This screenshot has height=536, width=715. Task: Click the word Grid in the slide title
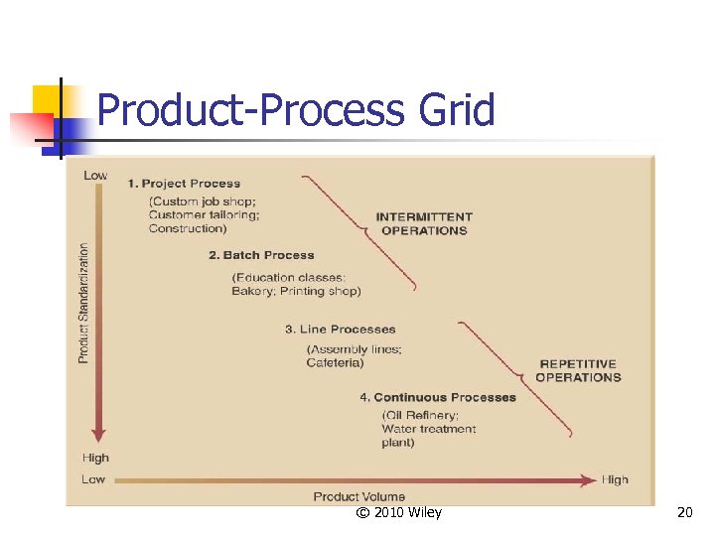457,109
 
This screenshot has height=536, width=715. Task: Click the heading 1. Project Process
184,184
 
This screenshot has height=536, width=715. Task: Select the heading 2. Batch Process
261,255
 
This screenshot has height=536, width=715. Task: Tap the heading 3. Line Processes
340,330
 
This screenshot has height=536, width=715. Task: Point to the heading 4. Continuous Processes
438,398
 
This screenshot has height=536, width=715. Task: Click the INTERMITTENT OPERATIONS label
424,223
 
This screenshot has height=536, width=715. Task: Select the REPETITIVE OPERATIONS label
578,370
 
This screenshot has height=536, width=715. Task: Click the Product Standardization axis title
84,303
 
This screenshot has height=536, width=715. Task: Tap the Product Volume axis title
359,496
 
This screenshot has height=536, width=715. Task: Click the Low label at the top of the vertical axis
95,176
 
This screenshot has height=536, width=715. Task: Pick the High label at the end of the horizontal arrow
615,480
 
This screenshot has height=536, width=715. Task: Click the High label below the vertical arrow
96,459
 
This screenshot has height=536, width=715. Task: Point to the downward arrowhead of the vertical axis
97,435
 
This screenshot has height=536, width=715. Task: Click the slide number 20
684,513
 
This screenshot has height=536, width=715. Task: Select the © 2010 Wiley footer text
398,513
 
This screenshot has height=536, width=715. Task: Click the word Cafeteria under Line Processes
335,363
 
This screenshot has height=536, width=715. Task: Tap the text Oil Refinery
420,415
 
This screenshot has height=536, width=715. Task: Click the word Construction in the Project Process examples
188,229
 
